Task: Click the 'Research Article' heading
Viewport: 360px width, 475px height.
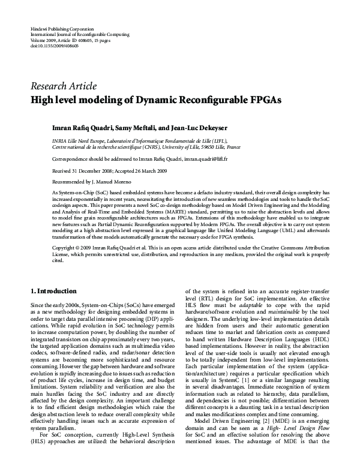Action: pyautogui.click(x=63, y=85)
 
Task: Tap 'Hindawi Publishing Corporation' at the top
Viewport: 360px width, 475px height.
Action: pyautogui.click(x=62, y=29)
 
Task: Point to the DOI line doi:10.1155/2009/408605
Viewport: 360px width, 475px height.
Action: pyautogui.click(x=54, y=46)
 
